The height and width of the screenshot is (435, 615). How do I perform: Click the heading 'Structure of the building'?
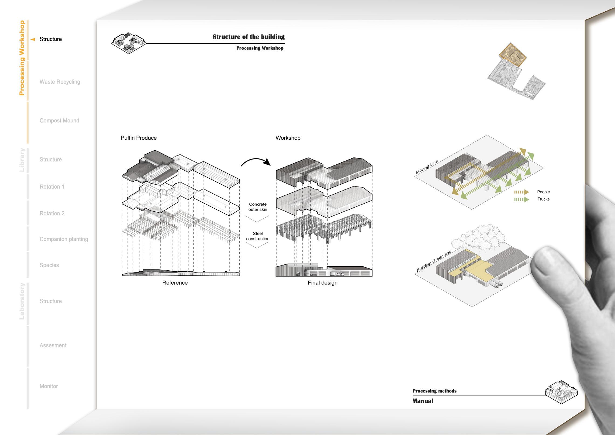coord(248,37)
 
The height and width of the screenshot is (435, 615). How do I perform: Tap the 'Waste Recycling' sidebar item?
coord(60,82)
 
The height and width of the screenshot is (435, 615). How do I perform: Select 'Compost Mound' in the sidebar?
coord(59,120)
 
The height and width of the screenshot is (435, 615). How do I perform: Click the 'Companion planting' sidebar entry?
coord(64,239)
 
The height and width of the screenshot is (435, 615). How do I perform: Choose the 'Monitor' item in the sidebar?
coord(49,386)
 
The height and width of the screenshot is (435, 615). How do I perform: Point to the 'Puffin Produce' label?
coord(139,138)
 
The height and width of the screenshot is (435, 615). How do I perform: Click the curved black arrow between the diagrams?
coord(256,162)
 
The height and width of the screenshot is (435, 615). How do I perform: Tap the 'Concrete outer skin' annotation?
coord(258,207)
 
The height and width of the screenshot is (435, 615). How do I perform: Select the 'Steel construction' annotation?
coord(258,236)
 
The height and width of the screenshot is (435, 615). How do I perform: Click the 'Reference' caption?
coord(175,283)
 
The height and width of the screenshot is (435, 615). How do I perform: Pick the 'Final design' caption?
coord(323,283)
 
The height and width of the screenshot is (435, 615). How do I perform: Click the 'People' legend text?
coord(543,192)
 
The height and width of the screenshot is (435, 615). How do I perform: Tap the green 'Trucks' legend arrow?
coord(521,199)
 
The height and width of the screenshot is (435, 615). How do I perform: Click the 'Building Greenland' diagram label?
coord(434,261)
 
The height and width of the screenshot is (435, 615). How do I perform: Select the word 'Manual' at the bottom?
coord(423,401)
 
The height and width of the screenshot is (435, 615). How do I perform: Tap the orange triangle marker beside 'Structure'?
coord(33,39)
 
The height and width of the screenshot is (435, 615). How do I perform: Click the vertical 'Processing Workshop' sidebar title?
coord(22,58)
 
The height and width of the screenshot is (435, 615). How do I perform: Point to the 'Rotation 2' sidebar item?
coord(52,213)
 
